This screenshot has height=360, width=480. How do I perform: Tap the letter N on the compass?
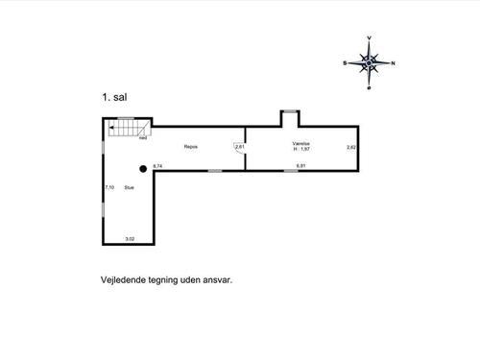click(392, 63)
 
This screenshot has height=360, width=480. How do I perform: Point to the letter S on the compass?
click(346, 63)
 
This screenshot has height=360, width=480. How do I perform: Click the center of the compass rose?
click(369, 63)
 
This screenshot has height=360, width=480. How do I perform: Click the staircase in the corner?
click(126, 129)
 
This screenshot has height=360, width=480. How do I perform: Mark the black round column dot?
click(143, 168)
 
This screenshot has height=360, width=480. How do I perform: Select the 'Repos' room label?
click(191, 146)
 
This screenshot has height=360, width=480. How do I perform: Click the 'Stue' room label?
click(128, 188)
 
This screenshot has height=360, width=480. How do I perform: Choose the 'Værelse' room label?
click(301, 144)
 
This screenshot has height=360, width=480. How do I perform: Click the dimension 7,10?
click(109, 188)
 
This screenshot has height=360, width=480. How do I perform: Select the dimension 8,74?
click(157, 166)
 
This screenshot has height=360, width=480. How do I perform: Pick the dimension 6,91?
click(300, 166)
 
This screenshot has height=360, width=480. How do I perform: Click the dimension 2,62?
click(351, 147)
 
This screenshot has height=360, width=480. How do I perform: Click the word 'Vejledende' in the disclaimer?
click(122, 281)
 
